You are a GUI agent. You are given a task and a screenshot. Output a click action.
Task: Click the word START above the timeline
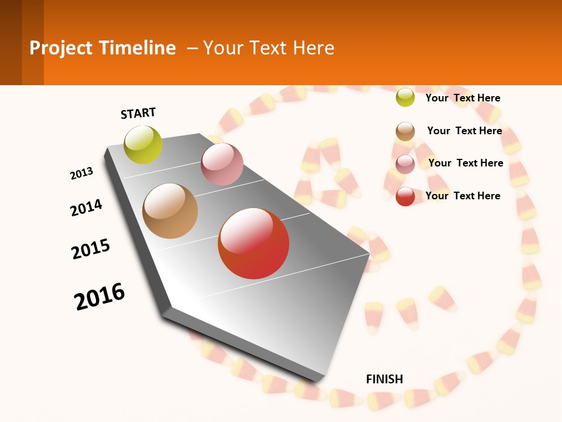point(138,113)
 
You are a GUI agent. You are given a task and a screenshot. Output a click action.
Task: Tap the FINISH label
point(385,379)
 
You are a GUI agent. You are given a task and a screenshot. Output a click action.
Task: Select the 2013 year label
point(82,173)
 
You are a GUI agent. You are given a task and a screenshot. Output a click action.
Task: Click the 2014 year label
point(87,207)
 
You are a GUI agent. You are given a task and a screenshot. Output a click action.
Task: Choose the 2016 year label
point(100,296)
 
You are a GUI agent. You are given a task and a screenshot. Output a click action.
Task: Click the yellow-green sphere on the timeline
point(143,144)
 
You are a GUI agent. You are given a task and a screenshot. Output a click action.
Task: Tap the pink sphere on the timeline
point(222,164)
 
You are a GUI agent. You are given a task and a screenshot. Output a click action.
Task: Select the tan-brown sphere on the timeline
point(170,211)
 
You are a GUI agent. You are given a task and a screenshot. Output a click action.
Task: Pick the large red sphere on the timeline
point(253,243)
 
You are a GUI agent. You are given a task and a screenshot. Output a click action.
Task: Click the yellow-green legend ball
point(405,97)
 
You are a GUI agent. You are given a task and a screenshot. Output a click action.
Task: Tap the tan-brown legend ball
point(405,131)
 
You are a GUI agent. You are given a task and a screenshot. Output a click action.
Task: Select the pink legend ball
point(405,164)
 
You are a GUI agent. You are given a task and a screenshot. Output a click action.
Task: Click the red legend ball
point(405,196)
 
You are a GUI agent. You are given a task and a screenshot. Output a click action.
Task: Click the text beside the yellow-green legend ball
point(463,98)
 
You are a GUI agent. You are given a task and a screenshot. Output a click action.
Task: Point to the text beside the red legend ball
point(463,196)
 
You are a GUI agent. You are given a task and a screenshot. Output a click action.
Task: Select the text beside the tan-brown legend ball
point(465,131)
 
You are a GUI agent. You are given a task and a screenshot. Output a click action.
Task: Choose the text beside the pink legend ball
point(466,163)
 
